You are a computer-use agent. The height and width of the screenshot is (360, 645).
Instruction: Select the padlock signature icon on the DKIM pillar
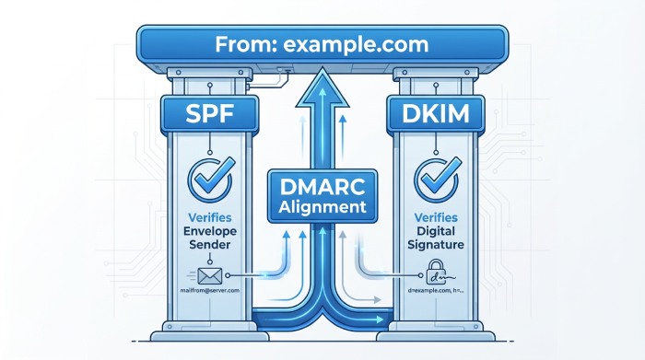[x=434, y=272]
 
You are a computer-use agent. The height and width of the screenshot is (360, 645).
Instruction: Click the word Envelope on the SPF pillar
[x=209, y=232]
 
